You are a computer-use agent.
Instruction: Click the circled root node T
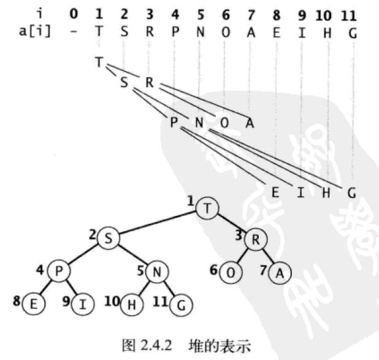point(207,209)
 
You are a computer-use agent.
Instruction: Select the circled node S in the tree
point(109,239)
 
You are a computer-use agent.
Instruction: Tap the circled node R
point(254,239)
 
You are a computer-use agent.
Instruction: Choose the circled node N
point(158,270)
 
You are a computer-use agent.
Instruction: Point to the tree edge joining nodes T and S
point(158,224)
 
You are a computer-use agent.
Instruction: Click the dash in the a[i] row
point(74,31)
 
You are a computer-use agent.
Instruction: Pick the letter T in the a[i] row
point(99,31)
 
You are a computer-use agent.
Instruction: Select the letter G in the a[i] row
point(351,31)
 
